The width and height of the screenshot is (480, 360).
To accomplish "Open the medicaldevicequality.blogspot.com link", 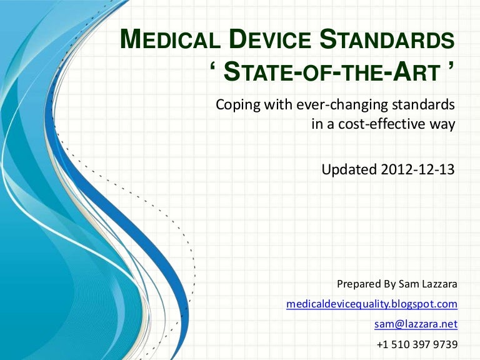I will click(x=372, y=304).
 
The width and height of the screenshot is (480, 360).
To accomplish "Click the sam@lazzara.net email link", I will click(x=416, y=324).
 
